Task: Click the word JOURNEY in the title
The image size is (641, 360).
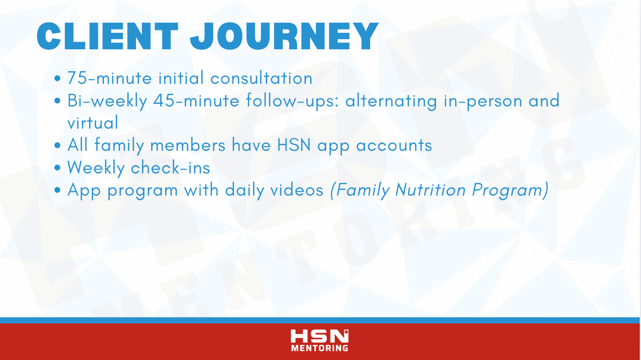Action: tap(284, 36)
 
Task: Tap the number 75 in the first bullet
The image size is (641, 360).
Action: tap(77, 78)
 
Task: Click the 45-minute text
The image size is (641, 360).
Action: tap(196, 100)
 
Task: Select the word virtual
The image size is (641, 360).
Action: tap(93, 122)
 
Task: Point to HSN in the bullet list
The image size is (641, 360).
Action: tap(294, 145)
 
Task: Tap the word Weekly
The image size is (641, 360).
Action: tap(96, 168)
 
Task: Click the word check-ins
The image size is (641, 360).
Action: tap(171, 167)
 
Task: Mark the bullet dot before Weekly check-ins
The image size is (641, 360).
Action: tap(57, 168)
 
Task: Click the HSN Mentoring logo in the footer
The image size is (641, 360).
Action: tap(320, 341)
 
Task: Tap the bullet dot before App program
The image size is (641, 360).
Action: tap(57, 190)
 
